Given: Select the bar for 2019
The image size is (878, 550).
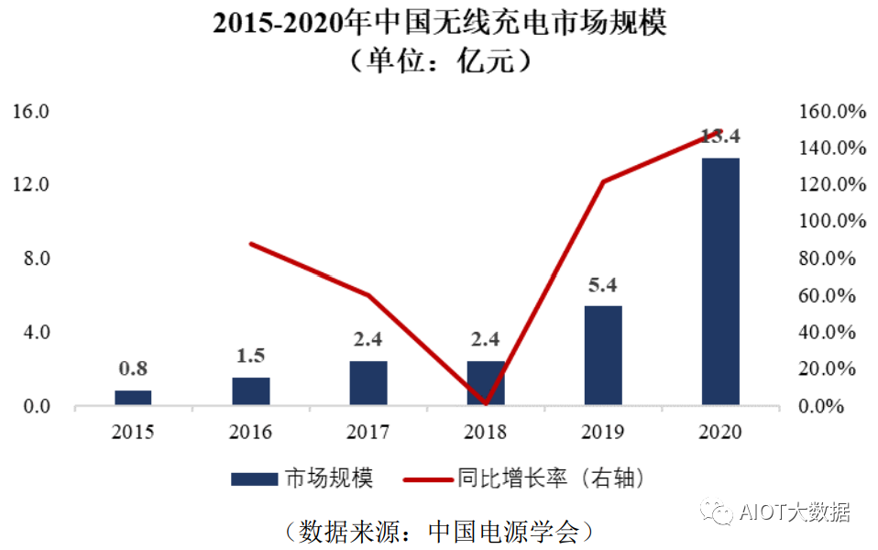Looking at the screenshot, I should (x=603, y=356).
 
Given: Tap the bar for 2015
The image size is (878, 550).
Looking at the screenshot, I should (x=133, y=398).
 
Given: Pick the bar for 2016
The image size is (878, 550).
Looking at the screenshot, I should (x=251, y=391).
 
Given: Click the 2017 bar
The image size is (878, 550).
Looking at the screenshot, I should (x=368, y=383).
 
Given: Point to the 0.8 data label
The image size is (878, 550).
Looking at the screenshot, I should (x=133, y=369).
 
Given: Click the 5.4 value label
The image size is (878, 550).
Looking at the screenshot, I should (x=603, y=285).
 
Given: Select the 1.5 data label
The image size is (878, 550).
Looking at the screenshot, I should (x=251, y=356).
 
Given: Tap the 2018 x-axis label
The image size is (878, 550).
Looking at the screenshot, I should (x=486, y=432).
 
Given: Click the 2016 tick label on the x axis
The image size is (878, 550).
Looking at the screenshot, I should (x=251, y=432).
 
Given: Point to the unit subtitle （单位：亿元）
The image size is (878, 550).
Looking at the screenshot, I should (x=439, y=61).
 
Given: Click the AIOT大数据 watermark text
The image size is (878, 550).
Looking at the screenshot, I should (x=795, y=512).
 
